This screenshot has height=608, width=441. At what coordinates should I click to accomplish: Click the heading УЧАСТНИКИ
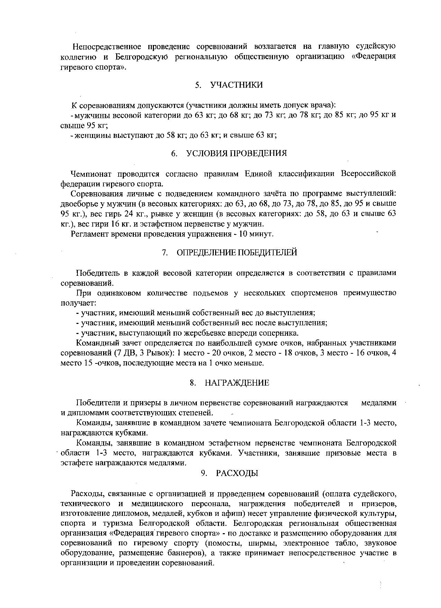(237, 85)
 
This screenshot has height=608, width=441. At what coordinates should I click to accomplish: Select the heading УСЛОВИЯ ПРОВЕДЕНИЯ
(237, 153)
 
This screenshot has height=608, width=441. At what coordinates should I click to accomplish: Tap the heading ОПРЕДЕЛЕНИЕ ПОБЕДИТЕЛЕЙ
(237, 253)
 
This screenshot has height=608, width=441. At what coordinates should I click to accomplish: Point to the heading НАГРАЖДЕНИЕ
(237, 383)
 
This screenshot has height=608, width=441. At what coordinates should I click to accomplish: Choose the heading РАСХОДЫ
(237, 473)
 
